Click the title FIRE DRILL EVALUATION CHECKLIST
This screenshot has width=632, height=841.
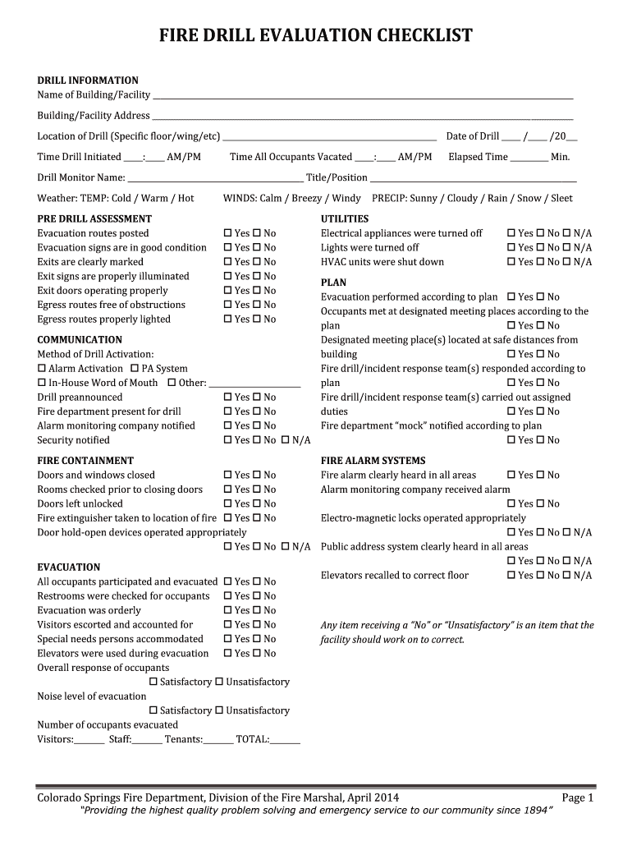pos(315,35)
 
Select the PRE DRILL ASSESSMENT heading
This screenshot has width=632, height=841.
pos(94,218)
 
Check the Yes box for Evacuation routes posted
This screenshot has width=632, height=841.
pos(228,233)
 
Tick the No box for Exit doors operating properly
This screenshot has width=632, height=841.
pos(257,291)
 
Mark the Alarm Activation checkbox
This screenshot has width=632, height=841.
pos(42,369)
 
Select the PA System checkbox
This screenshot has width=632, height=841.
pos(135,369)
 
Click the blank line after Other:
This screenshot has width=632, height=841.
pos(254,384)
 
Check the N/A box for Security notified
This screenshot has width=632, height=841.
pos(286,440)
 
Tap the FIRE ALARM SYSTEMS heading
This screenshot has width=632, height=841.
pos(373,461)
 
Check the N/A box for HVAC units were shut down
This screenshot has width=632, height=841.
pos(567,262)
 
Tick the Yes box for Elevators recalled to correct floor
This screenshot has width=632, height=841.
pos(512,576)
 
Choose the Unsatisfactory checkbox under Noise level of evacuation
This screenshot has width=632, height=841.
pos(219,710)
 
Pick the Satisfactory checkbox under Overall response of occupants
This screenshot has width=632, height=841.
pos(153,682)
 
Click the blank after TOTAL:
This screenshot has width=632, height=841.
pos(285,740)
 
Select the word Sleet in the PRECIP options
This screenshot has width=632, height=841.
pos(561,198)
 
